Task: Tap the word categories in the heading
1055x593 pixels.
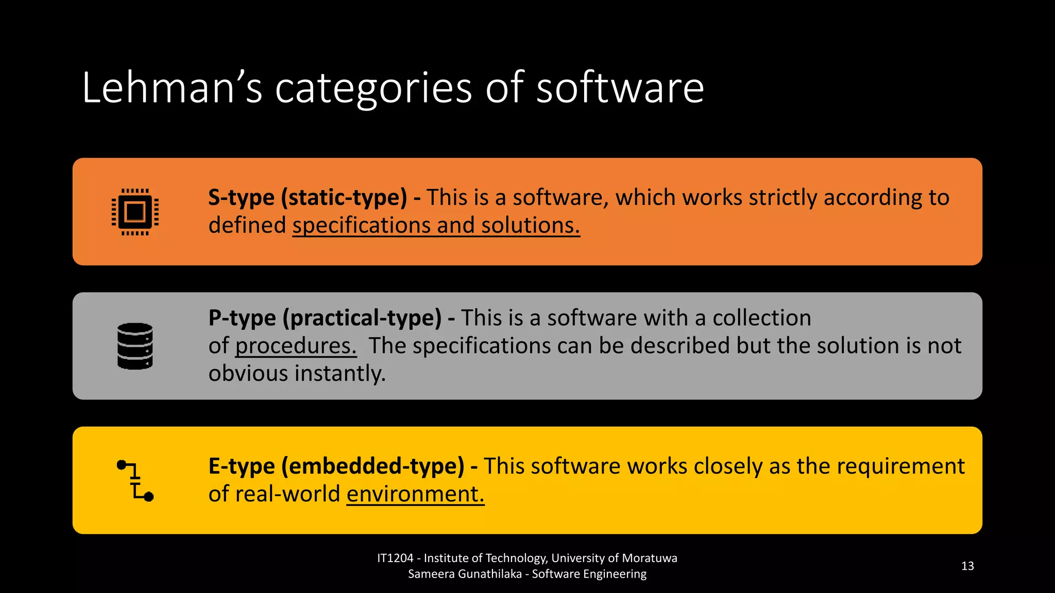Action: point(373,89)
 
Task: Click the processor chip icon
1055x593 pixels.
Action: point(135,212)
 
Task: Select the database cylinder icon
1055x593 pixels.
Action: point(135,346)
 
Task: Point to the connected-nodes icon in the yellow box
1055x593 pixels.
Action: point(135,480)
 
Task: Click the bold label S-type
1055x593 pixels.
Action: point(241,198)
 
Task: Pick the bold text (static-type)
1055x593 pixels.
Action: point(344,198)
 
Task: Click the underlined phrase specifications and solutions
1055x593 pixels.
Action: point(436,225)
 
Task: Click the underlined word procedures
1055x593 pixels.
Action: point(296,346)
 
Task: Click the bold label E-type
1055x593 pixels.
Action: point(242,466)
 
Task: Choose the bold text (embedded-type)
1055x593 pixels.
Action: point(373,466)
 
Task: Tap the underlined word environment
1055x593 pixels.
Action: point(415,494)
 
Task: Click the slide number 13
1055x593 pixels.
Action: point(967,566)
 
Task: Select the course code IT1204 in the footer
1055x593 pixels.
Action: point(395,559)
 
